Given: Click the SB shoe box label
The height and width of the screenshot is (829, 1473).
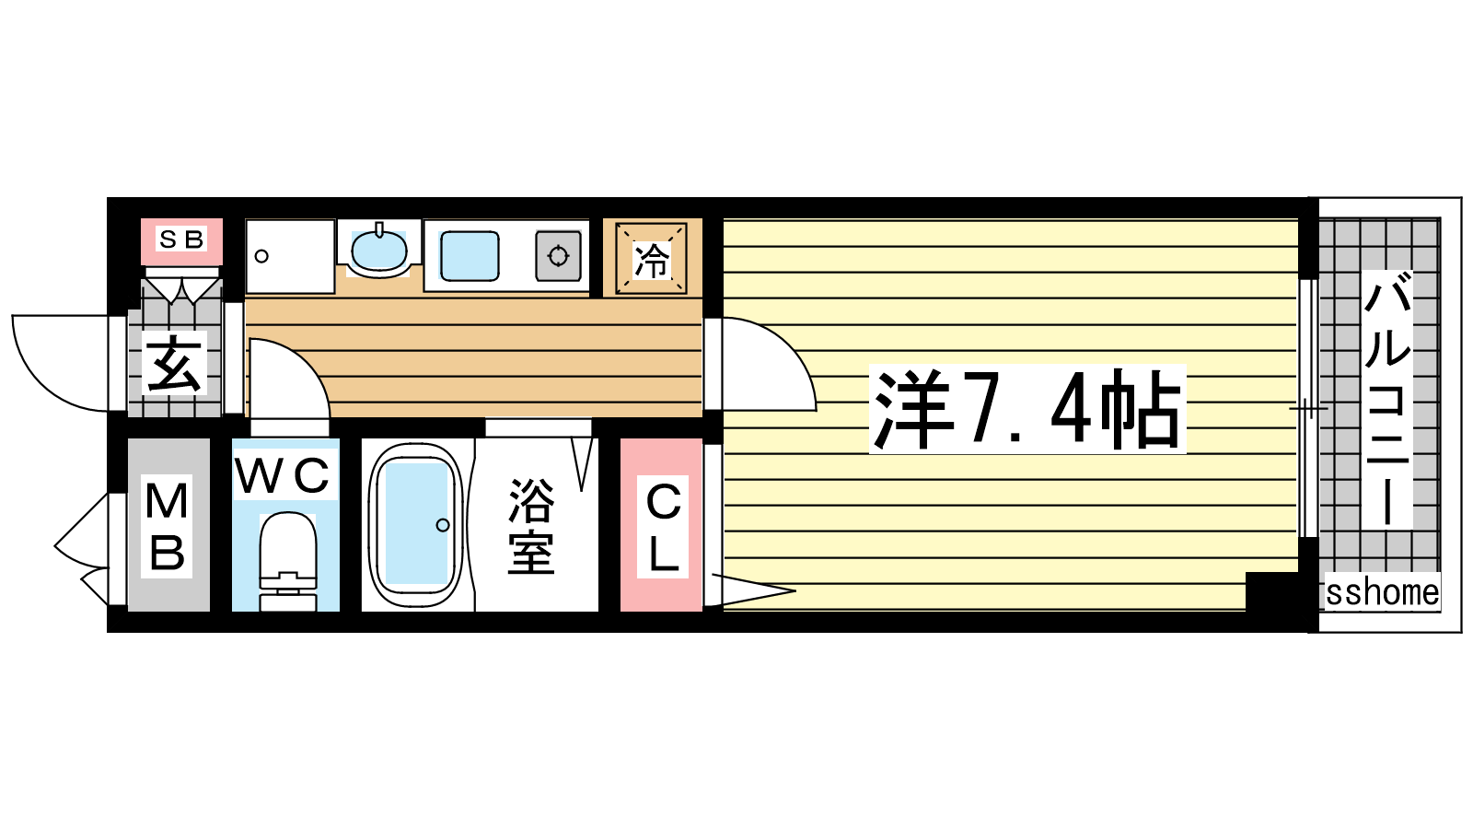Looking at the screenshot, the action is coord(181,239).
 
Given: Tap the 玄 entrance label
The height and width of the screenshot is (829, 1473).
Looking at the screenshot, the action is coord(174,363).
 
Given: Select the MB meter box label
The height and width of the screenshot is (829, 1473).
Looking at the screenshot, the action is coord(167,526).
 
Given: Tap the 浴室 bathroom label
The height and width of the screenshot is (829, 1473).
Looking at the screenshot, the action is coord(530,526).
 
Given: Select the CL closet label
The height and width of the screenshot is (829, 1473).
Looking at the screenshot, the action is coord(662,526).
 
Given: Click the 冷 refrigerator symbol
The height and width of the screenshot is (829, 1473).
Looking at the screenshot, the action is coord(651,259).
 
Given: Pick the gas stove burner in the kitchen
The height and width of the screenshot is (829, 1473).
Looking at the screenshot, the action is coord(558,256).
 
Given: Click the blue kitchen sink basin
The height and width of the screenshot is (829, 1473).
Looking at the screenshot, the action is coord(470,256).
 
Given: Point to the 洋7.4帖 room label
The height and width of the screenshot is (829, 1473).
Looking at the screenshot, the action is coord(1027,409).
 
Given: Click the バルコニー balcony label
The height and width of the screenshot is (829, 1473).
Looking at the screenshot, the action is coord(1387,400).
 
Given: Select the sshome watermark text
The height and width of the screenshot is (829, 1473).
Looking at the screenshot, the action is coord(1382,592).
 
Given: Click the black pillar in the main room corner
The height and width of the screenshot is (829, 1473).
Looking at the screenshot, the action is coord(1271,591).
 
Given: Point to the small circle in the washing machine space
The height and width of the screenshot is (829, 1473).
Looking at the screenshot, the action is coord(261,256).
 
